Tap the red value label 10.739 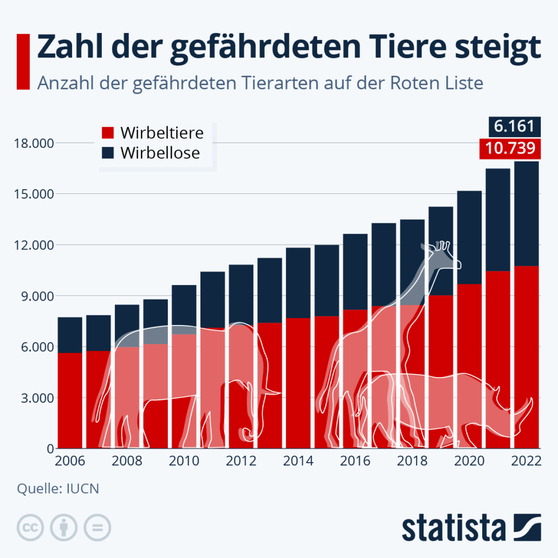509,148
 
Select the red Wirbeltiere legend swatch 108,133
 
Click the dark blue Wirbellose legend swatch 108,152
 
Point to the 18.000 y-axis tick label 31,144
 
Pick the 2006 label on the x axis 70,462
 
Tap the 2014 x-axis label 299,462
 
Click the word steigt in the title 492,48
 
